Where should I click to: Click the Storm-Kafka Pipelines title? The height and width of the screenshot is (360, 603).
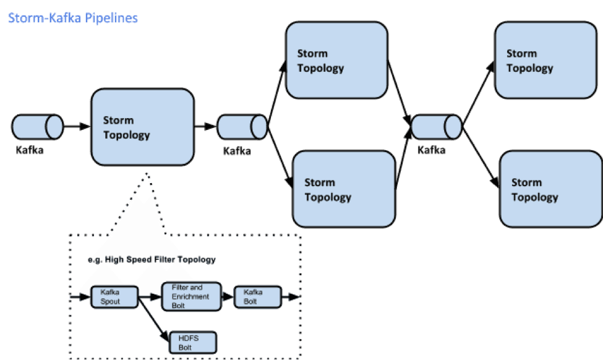72,18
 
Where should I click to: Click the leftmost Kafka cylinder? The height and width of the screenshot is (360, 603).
37,127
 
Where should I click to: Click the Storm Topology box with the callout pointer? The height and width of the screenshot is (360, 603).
143,127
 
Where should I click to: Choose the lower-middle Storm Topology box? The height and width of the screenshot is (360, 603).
344,189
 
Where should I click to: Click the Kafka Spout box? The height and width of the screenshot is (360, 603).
113,297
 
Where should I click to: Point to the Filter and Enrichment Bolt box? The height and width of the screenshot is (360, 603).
190,296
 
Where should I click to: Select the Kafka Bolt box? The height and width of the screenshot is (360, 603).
257,296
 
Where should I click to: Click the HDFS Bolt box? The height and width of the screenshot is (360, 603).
193,343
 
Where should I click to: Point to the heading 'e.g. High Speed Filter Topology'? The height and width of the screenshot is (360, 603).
152,259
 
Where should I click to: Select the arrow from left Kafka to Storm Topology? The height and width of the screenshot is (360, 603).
77,127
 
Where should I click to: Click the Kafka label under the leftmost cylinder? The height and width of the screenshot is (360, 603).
30,150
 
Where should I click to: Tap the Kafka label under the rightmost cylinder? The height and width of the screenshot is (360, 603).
431,150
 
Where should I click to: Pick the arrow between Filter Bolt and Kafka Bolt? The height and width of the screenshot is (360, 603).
227,296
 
